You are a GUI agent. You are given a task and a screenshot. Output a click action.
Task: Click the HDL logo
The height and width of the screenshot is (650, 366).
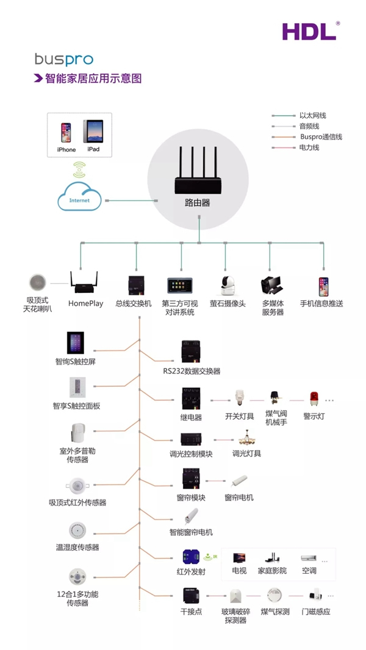click(x=310, y=31)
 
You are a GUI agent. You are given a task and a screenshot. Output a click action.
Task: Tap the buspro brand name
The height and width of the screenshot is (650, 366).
click(x=63, y=60)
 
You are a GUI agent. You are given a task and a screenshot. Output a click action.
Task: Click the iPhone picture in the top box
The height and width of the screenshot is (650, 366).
click(x=65, y=132)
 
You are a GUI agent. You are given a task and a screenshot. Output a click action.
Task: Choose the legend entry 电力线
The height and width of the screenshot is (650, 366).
click(x=309, y=147)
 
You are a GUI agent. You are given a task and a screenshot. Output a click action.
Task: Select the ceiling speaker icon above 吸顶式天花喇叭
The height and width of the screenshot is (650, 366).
click(x=38, y=283)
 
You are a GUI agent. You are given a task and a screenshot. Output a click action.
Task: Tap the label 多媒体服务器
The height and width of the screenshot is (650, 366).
click(x=273, y=308)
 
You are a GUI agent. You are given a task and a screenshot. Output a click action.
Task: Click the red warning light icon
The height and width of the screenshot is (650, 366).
click(x=314, y=400)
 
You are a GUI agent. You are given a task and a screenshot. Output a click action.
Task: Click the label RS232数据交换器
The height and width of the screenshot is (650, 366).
click(x=192, y=371)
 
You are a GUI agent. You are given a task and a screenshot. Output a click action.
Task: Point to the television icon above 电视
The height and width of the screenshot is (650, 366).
click(x=239, y=557)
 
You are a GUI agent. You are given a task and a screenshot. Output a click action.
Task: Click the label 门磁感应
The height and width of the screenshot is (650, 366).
click(x=315, y=612)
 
